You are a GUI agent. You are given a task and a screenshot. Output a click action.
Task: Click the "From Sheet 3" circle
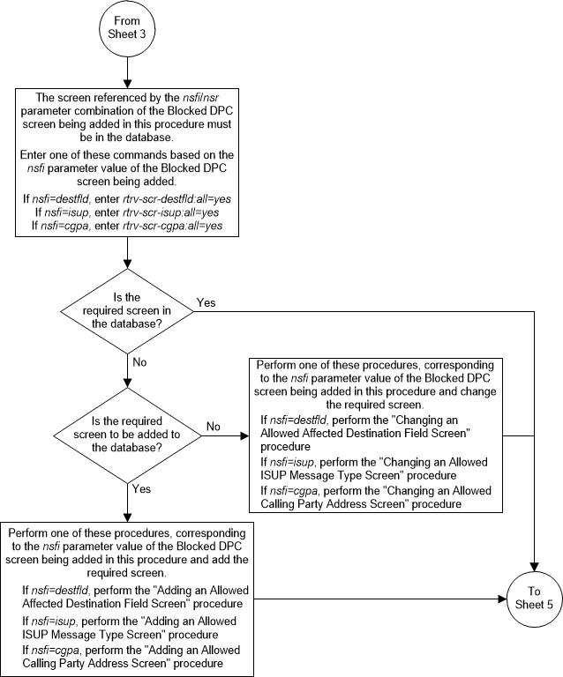pos(129,30)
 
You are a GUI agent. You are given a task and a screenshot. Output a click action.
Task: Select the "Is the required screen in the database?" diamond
pos(129,312)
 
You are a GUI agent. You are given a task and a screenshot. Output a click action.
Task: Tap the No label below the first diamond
pos(139,361)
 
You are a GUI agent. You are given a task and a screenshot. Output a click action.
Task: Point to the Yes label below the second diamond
pos(140,487)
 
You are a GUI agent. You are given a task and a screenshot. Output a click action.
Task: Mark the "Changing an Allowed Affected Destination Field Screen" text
pos(369,428)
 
